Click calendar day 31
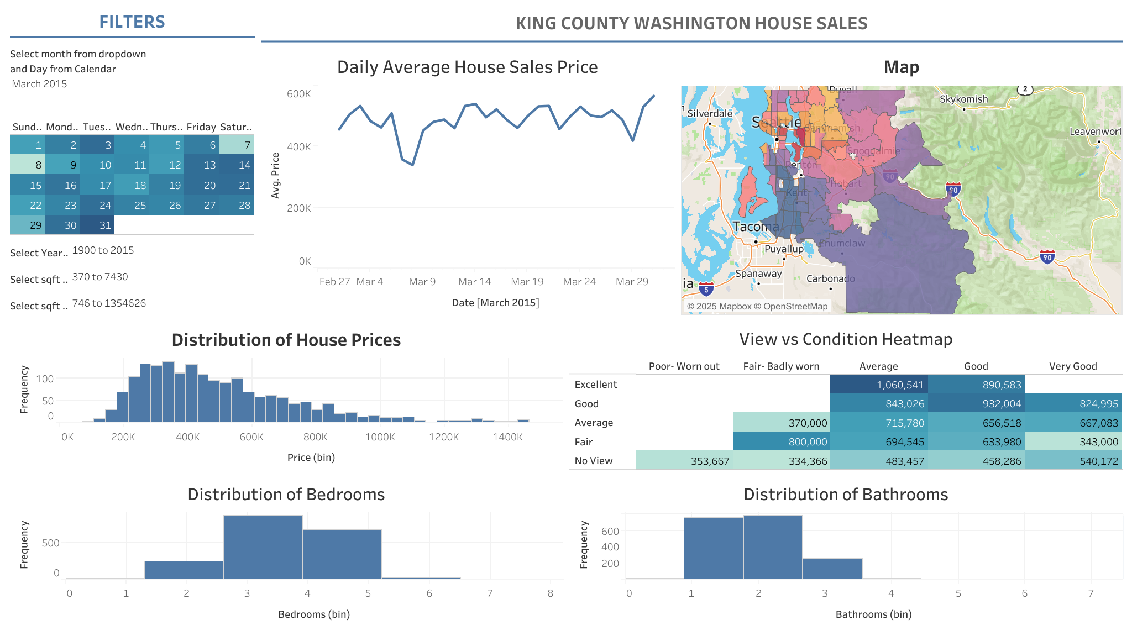tap(97, 225)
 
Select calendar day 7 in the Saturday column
tap(237, 145)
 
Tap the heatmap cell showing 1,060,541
tap(879, 385)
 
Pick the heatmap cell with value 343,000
tap(1073, 441)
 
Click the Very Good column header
tap(1072, 366)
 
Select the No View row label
tap(593, 461)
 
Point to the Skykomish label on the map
tap(963, 99)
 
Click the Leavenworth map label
tap(1095, 132)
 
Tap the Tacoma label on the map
tap(756, 227)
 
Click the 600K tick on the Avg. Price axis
tap(298, 93)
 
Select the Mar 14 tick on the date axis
tap(474, 282)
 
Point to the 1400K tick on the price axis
tap(507, 437)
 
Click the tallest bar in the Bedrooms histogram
tap(263, 547)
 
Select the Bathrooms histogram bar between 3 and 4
tap(832, 569)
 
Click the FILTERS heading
tap(132, 22)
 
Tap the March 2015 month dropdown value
tap(40, 84)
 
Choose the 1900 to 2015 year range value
tap(103, 250)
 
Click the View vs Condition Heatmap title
tap(846, 339)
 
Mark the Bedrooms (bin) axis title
tap(314, 614)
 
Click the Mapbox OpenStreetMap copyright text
tap(757, 306)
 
